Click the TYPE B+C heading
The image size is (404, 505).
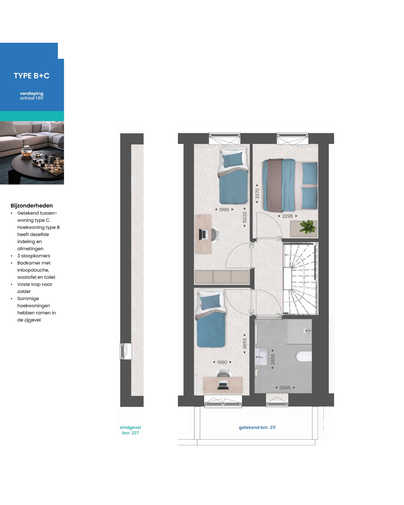[32, 76]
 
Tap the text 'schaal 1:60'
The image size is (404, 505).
[32, 98]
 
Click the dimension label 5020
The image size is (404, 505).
[245, 217]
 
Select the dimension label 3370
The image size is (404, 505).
[257, 194]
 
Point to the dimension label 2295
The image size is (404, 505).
[287, 216]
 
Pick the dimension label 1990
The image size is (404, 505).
[224, 209]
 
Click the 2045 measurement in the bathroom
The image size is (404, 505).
[285, 388]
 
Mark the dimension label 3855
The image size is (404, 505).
[245, 343]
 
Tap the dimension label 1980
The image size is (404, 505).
[222, 362]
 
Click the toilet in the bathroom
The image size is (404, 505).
[304, 356]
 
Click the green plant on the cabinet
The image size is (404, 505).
[308, 227]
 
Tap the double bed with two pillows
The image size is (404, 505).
[289, 185]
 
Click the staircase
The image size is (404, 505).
[300, 279]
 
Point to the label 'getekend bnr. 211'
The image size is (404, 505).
[257, 427]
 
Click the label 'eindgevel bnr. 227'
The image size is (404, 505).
[130, 430]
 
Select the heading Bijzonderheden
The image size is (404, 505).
[32, 205]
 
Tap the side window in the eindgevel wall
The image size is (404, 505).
[125, 351]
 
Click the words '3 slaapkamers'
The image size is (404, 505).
[34, 256]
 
